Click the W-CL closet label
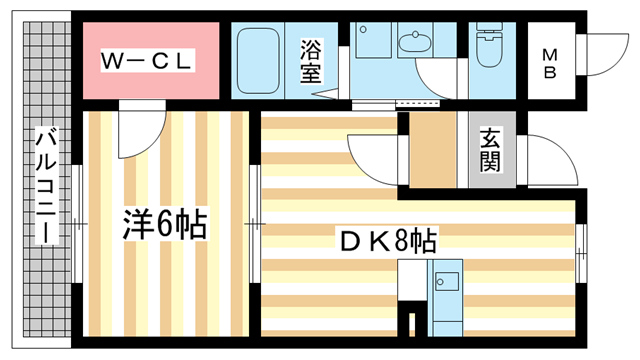(146, 61)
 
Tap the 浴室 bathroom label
(311, 61)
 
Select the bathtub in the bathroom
(258, 61)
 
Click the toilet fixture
(489, 44)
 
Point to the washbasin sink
(415, 42)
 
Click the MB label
(550, 63)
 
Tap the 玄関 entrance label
(490, 149)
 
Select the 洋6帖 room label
(165, 224)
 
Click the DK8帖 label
(389, 241)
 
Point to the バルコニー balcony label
(46, 185)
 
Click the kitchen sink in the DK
(446, 281)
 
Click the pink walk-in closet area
(151, 60)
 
